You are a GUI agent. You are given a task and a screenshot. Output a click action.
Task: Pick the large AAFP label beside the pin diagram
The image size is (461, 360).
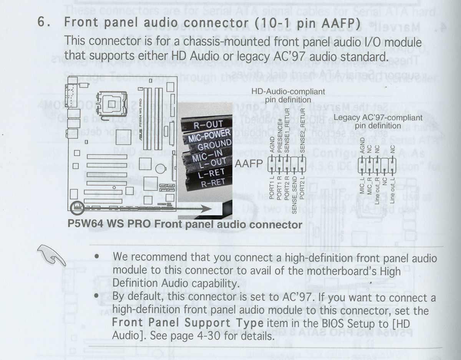coord(249,164)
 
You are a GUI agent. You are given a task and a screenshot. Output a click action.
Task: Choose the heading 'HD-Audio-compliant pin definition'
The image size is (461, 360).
coord(288,96)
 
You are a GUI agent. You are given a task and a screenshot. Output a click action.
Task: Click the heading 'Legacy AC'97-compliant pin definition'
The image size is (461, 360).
coord(378,121)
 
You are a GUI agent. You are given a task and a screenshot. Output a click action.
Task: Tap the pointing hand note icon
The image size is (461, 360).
coord(51,255)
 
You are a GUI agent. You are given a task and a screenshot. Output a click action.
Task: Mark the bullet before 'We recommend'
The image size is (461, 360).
coord(98,256)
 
